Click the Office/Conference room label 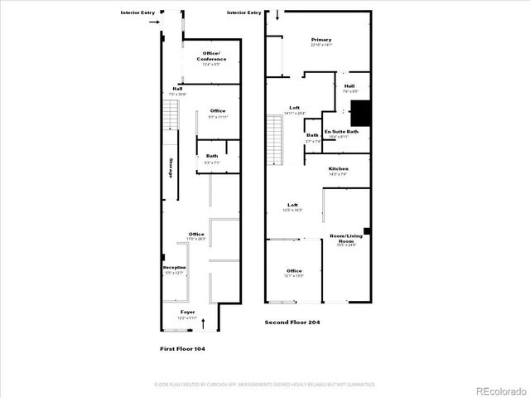pyautogui.click(x=211, y=56)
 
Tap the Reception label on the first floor pyautogui.click(x=174, y=268)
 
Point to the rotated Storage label pyautogui.click(x=171, y=167)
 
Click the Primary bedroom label pyautogui.click(x=321, y=40)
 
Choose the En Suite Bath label pyautogui.click(x=340, y=132)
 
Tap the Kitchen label pyautogui.click(x=338, y=169)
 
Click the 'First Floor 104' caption pyautogui.click(x=182, y=349)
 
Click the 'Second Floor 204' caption pyautogui.click(x=291, y=322)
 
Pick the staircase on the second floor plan pyautogui.click(x=274, y=138)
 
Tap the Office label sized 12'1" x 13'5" pyautogui.click(x=294, y=271)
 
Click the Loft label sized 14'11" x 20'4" pyautogui.click(x=294, y=108)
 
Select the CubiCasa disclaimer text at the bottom pyautogui.click(x=265, y=385)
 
